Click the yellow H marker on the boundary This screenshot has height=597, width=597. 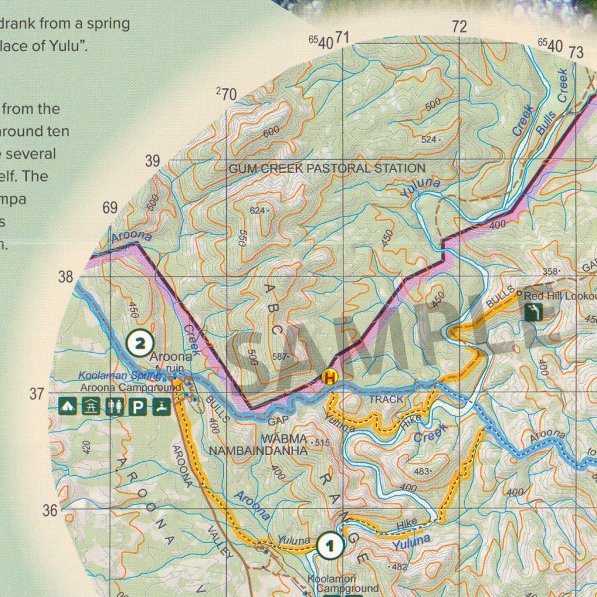(330, 377)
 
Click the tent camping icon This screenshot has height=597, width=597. (68, 406)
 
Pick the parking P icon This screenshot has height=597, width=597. (137, 406)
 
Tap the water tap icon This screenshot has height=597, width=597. (161, 406)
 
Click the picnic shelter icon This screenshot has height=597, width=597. (91, 406)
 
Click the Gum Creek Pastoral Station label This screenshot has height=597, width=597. (326, 168)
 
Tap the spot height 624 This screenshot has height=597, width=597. (258, 210)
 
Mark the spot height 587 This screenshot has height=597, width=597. (280, 356)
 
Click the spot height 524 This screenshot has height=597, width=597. (429, 140)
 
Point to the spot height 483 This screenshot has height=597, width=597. (422, 471)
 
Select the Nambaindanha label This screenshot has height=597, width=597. (258, 451)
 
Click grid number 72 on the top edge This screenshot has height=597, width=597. (459, 27)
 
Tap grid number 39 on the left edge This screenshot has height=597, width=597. (152, 161)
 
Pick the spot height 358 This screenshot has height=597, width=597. (550, 272)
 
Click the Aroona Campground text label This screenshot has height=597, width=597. (123, 388)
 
